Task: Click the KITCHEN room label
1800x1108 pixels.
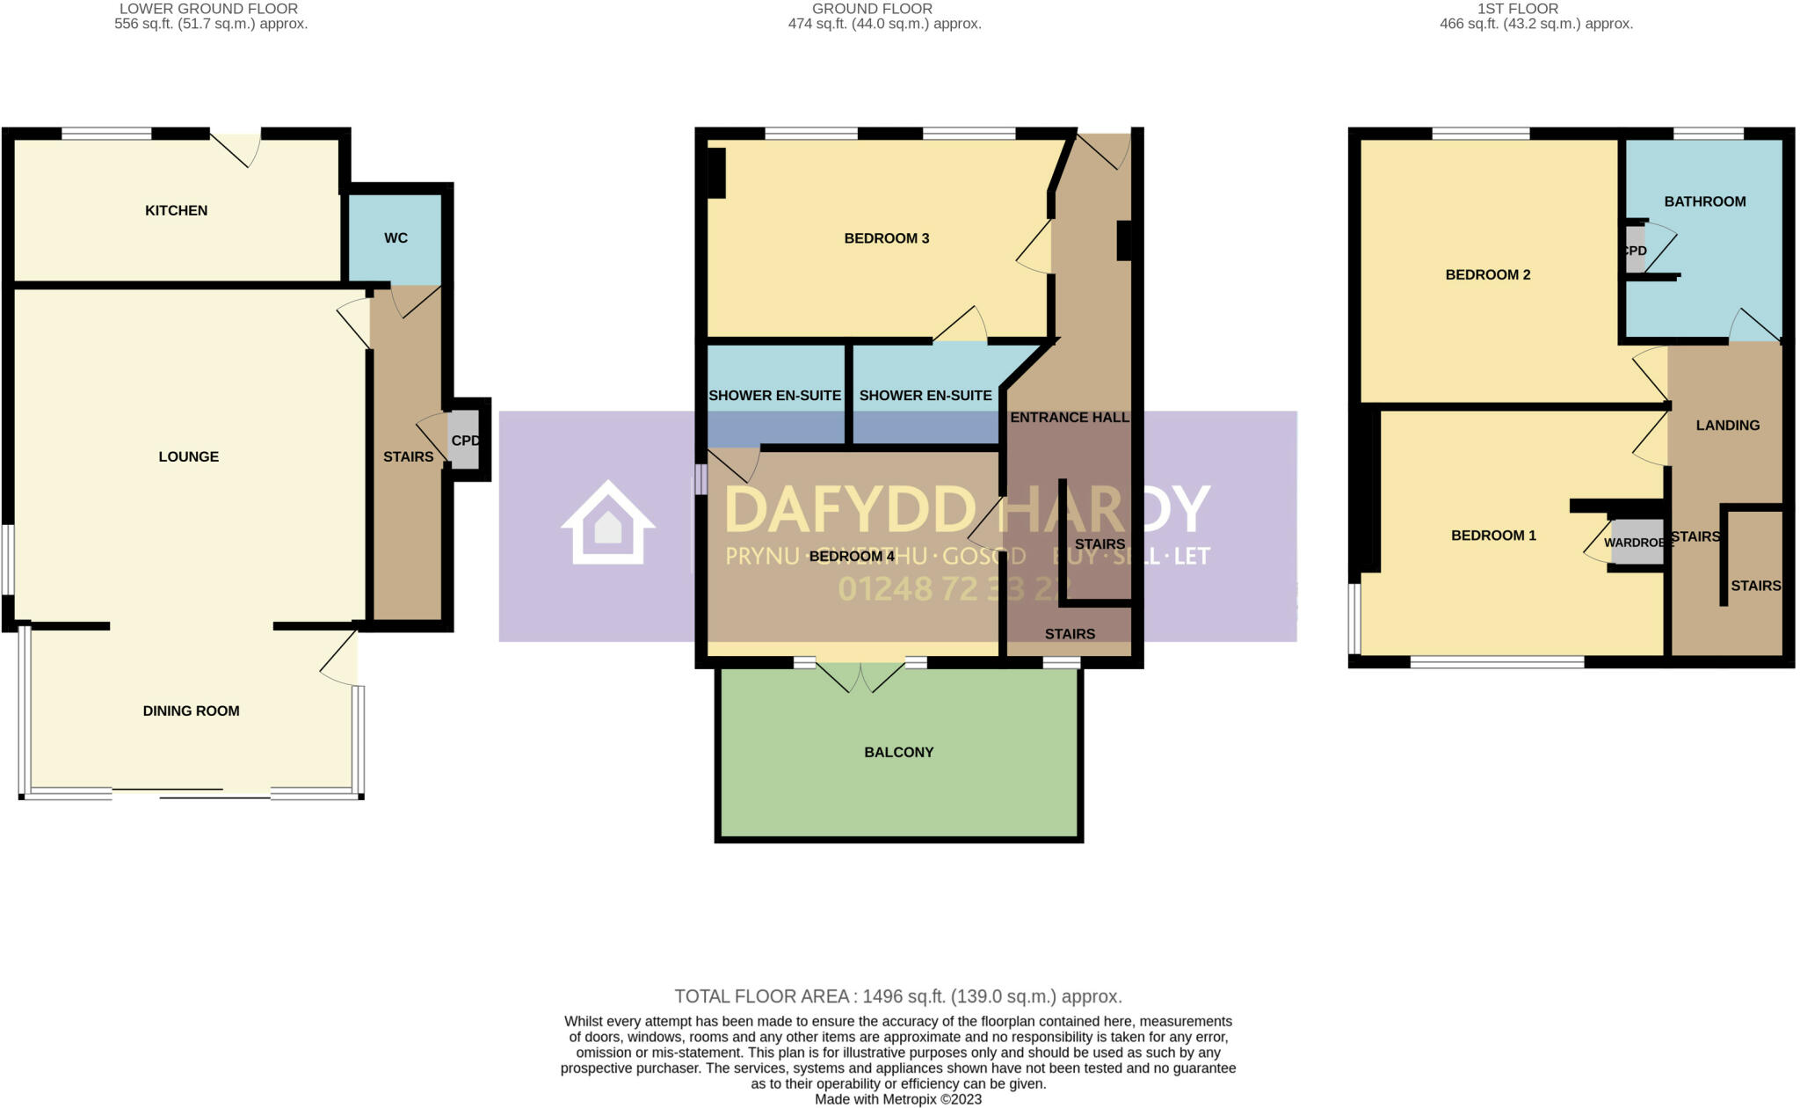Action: pos(176,210)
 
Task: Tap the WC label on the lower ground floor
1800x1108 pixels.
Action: pos(396,238)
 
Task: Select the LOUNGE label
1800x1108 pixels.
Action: pos(188,456)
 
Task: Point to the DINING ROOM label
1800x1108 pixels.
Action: pos(191,711)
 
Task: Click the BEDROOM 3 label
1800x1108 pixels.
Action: pos(886,238)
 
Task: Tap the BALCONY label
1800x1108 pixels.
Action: pos(898,752)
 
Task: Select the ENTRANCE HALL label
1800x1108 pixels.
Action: pos(1069,417)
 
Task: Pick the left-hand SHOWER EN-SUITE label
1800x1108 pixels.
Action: pos(774,396)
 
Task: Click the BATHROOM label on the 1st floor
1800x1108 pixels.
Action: pos(1704,201)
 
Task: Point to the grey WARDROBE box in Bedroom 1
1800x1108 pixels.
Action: pos(1636,543)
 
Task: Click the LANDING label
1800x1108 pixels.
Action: pos(1727,426)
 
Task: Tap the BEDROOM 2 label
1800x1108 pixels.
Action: pos(1487,274)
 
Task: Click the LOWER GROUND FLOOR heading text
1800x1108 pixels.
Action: pos(209,9)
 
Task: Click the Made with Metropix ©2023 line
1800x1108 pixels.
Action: pos(898,1099)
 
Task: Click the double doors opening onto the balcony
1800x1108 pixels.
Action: pos(860,677)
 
